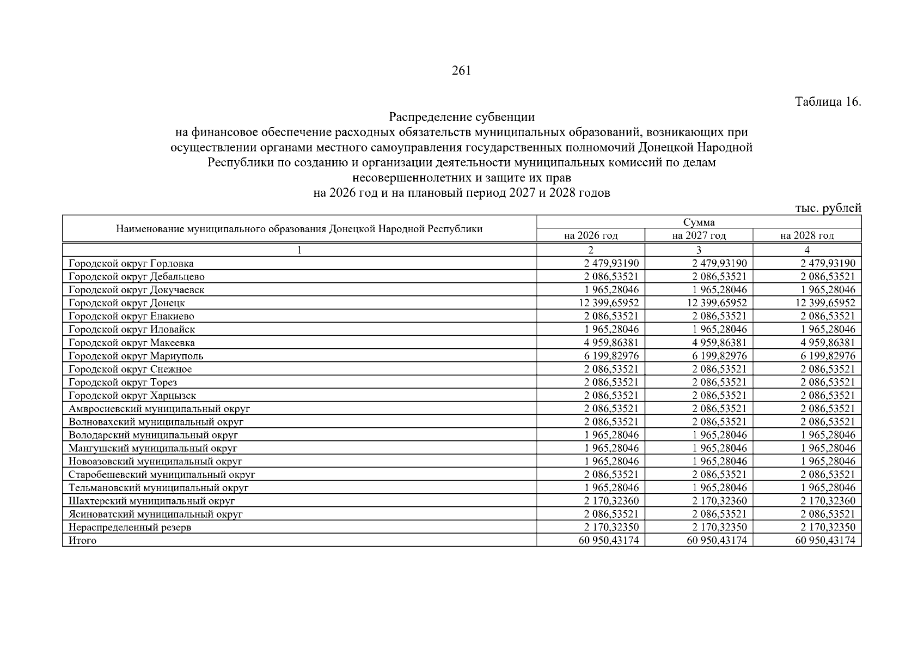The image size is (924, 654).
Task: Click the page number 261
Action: (x=461, y=71)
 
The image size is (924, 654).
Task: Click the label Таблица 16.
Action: (x=828, y=102)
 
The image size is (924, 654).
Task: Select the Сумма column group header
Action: (x=699, y=222)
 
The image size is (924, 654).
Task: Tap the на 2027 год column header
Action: (x=699, y=235)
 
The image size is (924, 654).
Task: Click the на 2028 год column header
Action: (x=806, y=235)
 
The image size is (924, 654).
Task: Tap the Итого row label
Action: (x=82, y=541)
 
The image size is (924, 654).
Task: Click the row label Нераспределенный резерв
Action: (x=130, y=528)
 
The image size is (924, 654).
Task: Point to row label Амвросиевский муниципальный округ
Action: (x=159, y=409)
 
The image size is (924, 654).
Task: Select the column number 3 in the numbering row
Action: (x=699, y=250)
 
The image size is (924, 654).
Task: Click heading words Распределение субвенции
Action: (x=461, y=117)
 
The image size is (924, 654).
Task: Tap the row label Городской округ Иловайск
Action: (x=131, y=330)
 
